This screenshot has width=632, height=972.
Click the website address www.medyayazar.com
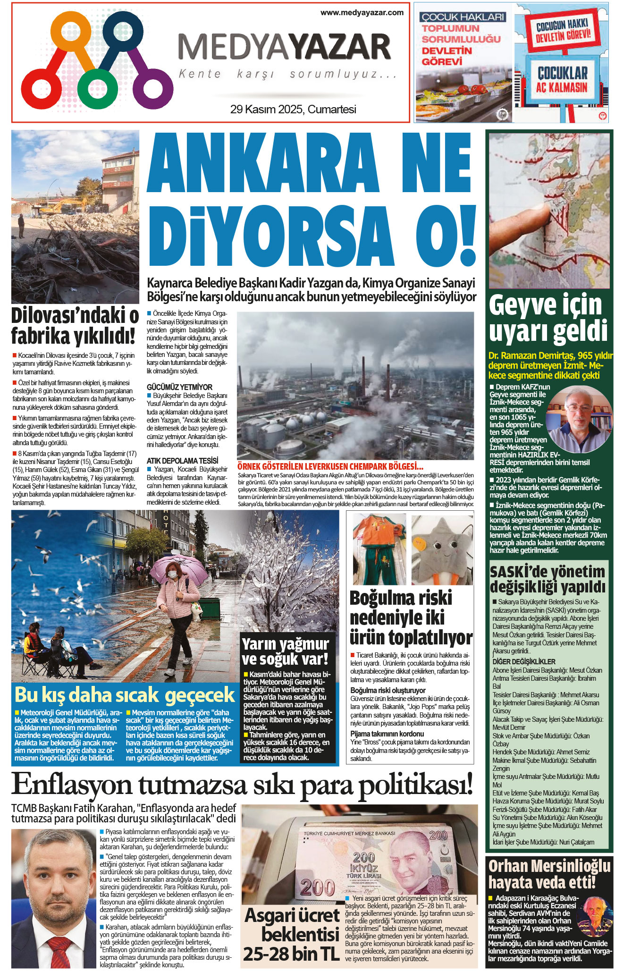[362, 13]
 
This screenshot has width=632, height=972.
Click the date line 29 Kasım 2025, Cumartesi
[293, 110]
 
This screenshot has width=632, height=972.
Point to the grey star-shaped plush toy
[442, 549]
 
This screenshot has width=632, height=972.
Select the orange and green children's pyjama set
[379, 548]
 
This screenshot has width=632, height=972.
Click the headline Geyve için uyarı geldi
[548, 318]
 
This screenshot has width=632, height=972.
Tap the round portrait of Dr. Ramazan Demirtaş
[578, 419]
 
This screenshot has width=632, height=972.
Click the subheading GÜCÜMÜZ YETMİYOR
[179, 387]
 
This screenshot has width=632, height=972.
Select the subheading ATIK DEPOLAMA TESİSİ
[182, 461]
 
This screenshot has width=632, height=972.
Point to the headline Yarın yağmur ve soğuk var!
[285, 651]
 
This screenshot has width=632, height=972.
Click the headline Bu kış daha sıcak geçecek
[125, 695]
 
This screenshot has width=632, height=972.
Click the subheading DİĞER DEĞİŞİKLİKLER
[524, 662]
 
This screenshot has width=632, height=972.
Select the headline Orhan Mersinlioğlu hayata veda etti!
[549, 873]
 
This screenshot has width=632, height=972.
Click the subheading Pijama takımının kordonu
[387, 734]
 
